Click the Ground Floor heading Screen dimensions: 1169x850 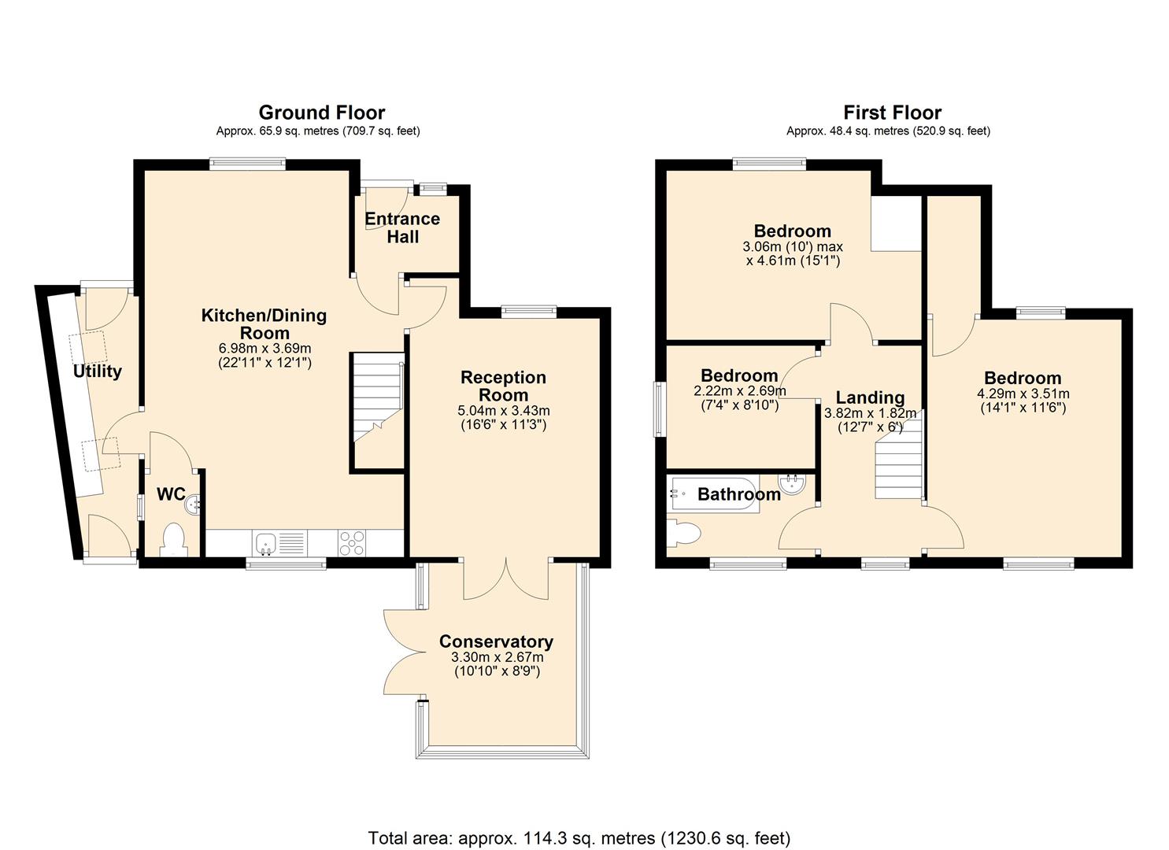(x=321, y=113)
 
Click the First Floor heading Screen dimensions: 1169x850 (x=893, y=113)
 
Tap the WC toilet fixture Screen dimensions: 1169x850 (x=174, y=540)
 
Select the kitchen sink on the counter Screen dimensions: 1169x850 (x=266, y=543)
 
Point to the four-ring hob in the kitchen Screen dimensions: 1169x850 (x=352, y=543)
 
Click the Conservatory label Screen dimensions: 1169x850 (x=496, y=641)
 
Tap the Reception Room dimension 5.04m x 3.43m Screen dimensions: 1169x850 (x=504, y=411)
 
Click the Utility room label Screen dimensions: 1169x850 (x=98, y=371)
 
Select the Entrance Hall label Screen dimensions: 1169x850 (x=402, y=228)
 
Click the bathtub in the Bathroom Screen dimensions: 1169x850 (x=713, y=494)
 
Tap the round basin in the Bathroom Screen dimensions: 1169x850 (x=792, y=484)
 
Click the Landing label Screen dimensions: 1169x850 (x=870, y=397)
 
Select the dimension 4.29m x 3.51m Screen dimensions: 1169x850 (x=1023, y=394)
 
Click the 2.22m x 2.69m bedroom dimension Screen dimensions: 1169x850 (x=740, y=391)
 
